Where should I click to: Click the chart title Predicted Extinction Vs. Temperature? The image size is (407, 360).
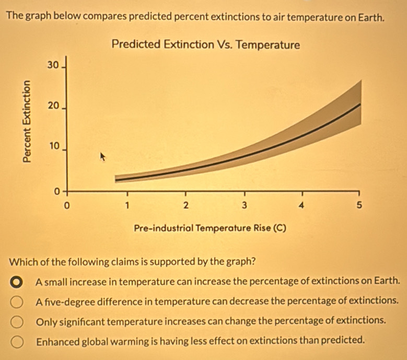point(206,45)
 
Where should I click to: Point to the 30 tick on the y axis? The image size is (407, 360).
point(51,65)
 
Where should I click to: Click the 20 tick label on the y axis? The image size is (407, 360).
point(51,106)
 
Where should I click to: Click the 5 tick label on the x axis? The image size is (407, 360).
point(358,204)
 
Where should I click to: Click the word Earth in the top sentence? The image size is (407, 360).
point(371,17)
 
